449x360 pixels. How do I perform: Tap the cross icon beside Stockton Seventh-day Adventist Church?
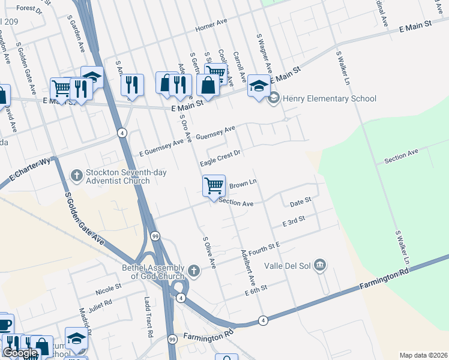pos(76,175)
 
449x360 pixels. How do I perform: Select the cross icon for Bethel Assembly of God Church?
pos(193,271)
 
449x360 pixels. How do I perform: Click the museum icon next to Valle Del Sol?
pos(320,265)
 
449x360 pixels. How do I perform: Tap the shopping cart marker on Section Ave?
pos(214,186)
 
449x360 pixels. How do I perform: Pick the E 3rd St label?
pos(294,221)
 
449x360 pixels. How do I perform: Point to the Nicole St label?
pos(108,290)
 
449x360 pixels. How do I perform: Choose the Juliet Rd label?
pos(100,304)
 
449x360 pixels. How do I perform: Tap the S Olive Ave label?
pos(209,251)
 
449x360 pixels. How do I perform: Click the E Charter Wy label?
pos(28,169)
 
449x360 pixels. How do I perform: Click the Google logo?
pos(19,353)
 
